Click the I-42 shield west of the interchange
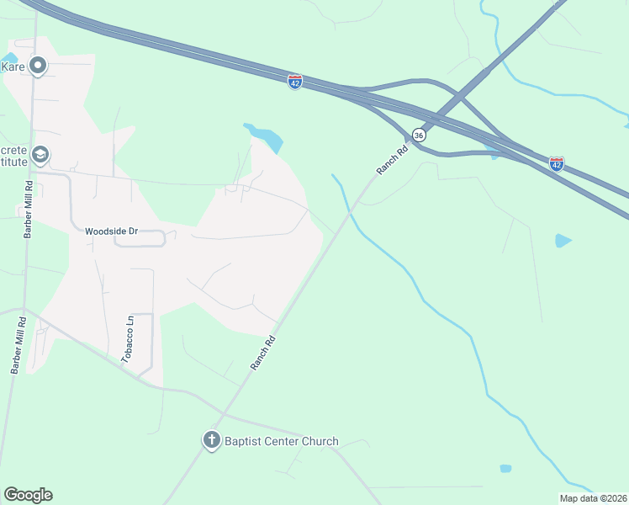point(294,82)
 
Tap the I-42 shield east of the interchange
point(557,163)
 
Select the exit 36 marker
point(419,135)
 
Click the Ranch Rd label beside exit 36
point(392,159)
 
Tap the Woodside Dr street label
point(110,231)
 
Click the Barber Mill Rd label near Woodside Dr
point(28,210)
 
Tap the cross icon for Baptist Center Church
point(211,440)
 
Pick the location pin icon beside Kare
point(37,65)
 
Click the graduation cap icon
point(40,156)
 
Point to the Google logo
point(28,495)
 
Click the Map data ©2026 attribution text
point(593,498)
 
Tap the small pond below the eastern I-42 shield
point(563,241)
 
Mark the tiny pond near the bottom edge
point(505,468)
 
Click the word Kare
point(12,66)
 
